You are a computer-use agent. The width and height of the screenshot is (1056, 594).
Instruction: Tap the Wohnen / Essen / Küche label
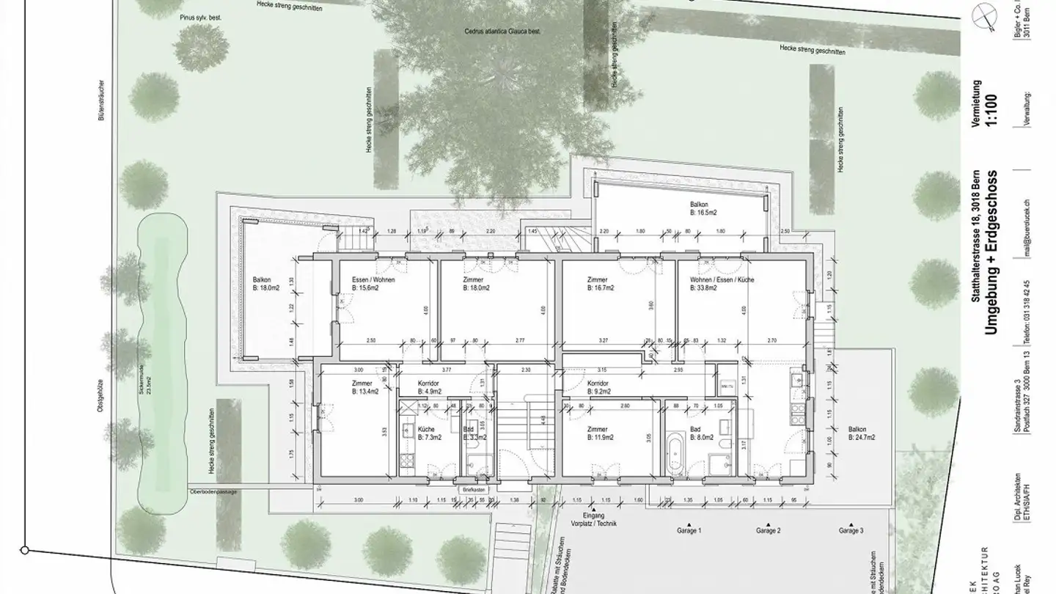point(722,280)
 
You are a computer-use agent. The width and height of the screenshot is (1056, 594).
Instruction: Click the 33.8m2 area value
point(705,288)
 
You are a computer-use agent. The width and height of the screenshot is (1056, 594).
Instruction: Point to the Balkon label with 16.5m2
point(700,205)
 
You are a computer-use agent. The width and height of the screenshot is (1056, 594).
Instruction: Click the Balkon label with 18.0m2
point(263,280)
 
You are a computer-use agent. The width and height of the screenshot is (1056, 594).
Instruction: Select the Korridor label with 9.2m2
point(600,383)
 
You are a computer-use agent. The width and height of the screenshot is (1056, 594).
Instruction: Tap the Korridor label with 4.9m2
point(428,384)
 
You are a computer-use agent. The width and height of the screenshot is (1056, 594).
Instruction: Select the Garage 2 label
point(768,530)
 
